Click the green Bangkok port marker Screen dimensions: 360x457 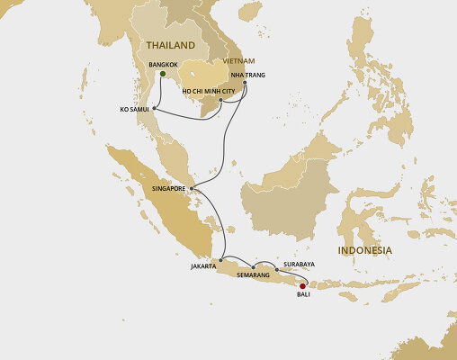pos(162,75)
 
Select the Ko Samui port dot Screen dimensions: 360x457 pos(155,109)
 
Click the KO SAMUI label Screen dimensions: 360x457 pos(133,109)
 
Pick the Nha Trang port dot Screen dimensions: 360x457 pos(245,83)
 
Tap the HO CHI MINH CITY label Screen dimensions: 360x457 pos(209,91)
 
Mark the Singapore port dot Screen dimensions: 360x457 pos(192,188)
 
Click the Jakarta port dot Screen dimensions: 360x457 pos(220,257)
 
